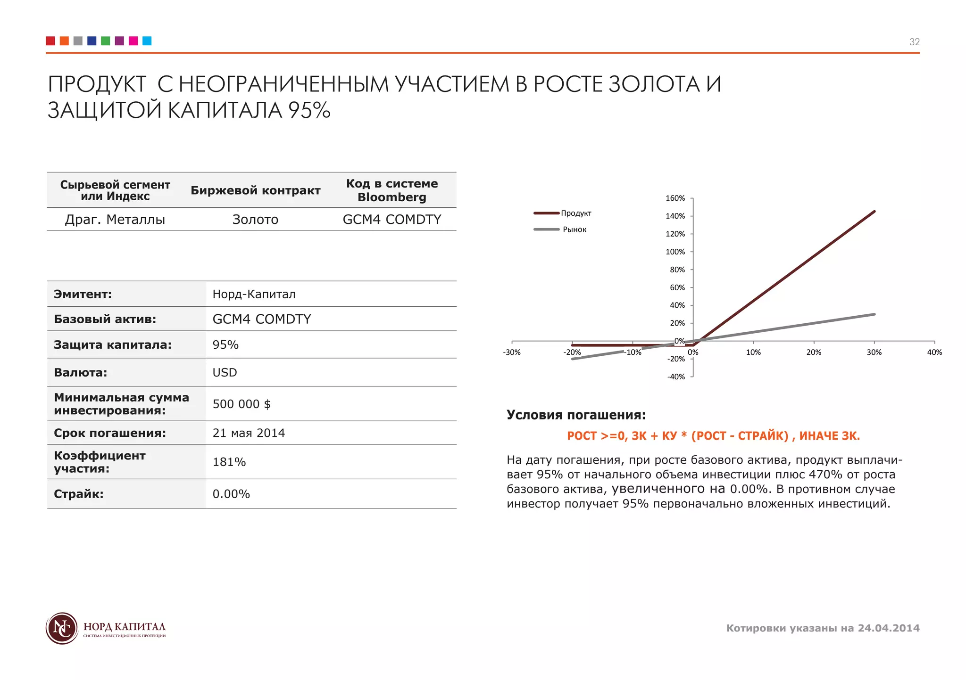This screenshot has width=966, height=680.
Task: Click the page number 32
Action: click(914, 42)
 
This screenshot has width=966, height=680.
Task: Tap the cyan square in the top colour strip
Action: click(147, 41)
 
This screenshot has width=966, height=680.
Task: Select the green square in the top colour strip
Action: click(106, 41)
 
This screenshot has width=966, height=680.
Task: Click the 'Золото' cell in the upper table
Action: click(255, 220)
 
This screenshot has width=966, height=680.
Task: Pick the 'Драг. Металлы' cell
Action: click(115, 220)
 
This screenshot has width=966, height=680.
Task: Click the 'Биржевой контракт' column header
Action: click(255, 190)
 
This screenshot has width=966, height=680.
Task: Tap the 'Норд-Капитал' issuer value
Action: click(254, 294)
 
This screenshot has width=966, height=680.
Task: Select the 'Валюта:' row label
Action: click(81, 372)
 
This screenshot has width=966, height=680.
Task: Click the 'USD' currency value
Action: click(225, 372)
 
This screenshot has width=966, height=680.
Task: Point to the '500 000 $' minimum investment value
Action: click(241, 404)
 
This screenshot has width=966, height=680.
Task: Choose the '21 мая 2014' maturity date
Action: click(249, 433)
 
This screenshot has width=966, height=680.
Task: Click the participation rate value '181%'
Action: click(229, 462)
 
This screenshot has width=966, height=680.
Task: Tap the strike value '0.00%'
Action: click(231, 494)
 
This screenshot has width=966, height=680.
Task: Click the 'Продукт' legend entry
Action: click(575, 213)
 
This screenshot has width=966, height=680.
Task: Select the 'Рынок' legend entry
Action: click(574, 229)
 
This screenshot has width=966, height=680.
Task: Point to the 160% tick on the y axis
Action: click(675, 198)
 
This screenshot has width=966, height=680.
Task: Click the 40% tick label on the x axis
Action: click(934, 352)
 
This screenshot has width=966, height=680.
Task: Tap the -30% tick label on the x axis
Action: click(512, 352)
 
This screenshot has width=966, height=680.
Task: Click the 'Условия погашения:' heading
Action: click(576, 415)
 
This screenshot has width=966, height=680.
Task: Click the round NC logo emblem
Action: click(62, 628)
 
